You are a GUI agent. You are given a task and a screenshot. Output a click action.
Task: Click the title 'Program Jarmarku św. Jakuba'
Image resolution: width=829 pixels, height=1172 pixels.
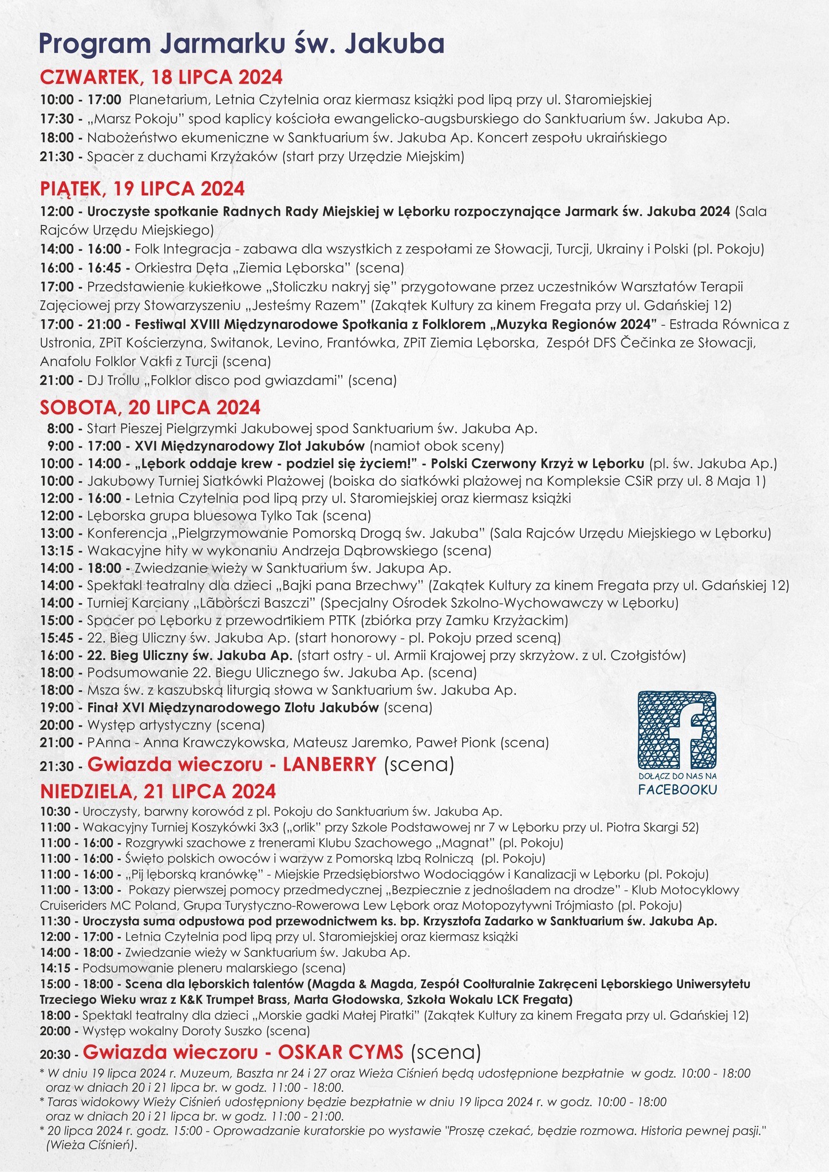pos(241,44)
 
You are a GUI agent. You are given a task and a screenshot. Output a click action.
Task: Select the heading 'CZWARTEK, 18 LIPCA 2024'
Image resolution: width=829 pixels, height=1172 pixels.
pos(161,77)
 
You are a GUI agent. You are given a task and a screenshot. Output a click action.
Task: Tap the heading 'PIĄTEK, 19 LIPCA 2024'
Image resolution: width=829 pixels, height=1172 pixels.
pos(142,188)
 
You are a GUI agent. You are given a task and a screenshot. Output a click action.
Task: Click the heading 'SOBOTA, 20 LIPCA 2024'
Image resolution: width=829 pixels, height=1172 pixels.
pos(150,407)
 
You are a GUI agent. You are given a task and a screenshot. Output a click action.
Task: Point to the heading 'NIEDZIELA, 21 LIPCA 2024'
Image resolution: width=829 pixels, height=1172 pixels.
pos(158,791)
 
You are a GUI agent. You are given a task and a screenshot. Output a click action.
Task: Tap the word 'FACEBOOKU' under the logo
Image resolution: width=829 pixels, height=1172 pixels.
pos(678,790)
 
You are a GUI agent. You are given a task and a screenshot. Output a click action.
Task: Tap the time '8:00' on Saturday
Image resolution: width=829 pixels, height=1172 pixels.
pos(60,429)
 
